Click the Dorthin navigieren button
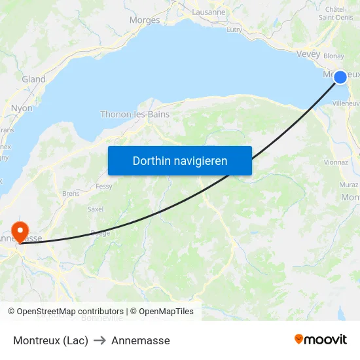tap(179, 160)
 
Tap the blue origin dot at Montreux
tap(340, 77)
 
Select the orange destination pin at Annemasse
tap(20, 231)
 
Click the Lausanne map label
tap(209, 12)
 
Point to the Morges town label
tap(145, 20)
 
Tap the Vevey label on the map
tap(308, 54)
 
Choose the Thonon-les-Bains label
tap(135, 114)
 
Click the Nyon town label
tap(22, 108)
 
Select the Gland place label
tap(33, 79)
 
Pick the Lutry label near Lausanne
tap(234, 29)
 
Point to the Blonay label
tap(333, 56)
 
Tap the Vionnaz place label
tap(336, 162)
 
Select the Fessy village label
tap(104, 186)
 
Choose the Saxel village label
tap(96, 209)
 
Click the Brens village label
tap(71, 194)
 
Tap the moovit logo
tap(321, 339)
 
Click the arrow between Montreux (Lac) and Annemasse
tap(100, 340)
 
